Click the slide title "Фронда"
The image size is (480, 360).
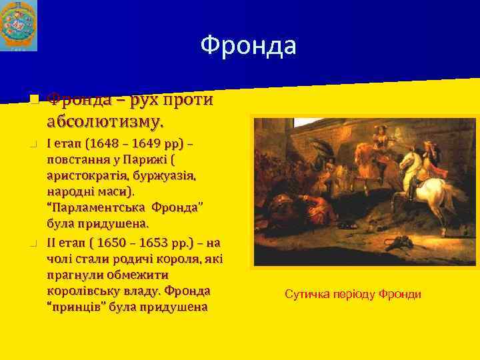tap(248, 46)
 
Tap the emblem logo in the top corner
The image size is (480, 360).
tap(19, 25)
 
